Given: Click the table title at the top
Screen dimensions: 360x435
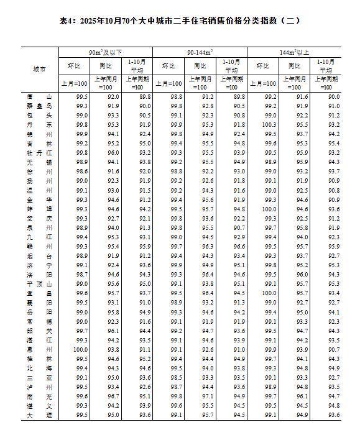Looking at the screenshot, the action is click(180, 21).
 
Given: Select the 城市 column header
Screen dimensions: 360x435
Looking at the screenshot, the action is click(39, 70).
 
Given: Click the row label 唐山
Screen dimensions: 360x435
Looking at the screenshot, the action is click(39, 97).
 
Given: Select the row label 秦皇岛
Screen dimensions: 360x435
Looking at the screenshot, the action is click(39, 106).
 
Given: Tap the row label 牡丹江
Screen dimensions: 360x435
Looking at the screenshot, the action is click(39, 152).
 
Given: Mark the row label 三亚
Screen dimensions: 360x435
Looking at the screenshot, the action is click(39, 377).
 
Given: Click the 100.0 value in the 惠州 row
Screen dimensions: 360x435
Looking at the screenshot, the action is click(82, 349).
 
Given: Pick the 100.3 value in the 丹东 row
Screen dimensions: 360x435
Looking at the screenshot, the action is click(270, 124).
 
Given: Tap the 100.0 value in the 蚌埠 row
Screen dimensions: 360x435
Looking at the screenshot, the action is click(270, 209).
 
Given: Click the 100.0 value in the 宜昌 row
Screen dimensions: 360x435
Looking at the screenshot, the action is click(270, 293).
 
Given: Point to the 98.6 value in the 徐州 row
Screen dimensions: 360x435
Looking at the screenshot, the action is click(82, 171).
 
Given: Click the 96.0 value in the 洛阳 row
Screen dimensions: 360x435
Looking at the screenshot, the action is click(302, 274).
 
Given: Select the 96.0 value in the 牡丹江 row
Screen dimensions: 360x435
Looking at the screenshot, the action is click(113, 152).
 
